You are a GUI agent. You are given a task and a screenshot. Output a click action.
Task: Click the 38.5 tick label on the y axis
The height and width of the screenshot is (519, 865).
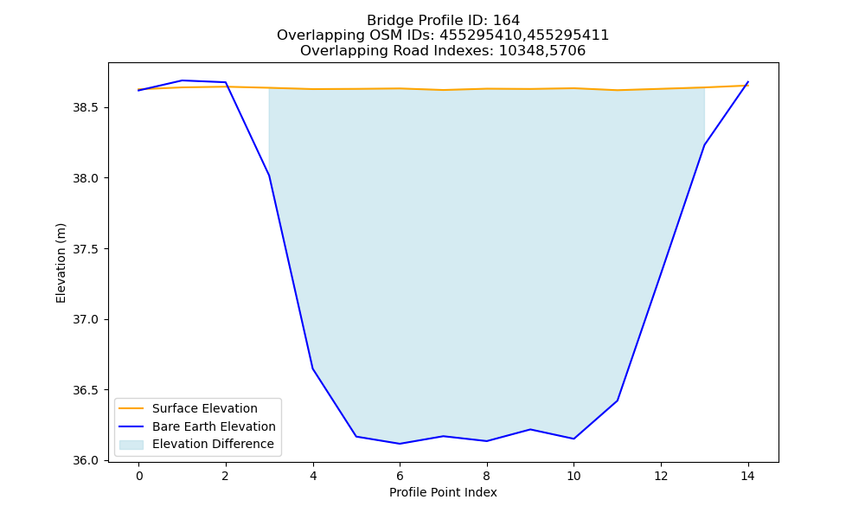pos(86,107)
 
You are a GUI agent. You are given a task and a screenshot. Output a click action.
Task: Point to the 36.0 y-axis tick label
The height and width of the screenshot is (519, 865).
pos(86,460)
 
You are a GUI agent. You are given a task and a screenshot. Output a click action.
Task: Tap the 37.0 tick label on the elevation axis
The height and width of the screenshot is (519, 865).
pos(86,319)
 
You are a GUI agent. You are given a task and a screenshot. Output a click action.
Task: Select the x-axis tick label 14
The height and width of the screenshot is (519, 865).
pos(747,476)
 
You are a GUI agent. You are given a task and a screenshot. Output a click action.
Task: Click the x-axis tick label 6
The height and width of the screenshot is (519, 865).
pos(400,476)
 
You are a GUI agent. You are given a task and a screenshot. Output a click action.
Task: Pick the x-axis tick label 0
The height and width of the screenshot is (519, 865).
pos(139,476)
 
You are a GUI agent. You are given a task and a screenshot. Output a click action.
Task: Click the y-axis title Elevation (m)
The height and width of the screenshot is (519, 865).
pos(61,263)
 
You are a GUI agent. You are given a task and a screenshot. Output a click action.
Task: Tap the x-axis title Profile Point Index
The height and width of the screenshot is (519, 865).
pos(443,492)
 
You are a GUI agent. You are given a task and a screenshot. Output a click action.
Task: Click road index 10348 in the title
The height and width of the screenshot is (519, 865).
pos(518,51)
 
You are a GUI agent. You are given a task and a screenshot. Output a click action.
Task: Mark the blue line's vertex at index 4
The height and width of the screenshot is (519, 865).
pos(313,368)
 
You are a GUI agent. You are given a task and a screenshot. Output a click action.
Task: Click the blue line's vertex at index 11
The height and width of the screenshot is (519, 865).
pos(618,400)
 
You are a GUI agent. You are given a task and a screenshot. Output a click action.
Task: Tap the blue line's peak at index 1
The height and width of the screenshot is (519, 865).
pos(182,80)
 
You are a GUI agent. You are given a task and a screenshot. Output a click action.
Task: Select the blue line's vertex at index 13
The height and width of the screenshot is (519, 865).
pos(704,145)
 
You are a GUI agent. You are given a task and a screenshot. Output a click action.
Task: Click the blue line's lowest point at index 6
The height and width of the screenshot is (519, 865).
pos(400,444)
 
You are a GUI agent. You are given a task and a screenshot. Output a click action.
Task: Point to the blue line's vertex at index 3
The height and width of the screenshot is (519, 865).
pos(269,176)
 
